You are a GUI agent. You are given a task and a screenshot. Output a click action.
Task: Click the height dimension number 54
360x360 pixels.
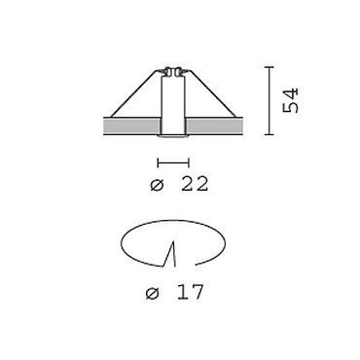(x=290, y=100)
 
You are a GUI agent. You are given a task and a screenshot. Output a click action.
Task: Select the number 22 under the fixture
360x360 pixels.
(x=195, y=184)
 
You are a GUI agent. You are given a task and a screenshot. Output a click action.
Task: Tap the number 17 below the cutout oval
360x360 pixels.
(x=191, y=292)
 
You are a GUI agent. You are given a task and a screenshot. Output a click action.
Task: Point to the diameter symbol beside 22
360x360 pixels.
(x=158, y=185)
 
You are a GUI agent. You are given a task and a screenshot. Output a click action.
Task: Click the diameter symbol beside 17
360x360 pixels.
(x=153, y=293)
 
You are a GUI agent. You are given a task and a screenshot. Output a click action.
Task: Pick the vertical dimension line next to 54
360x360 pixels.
(x=269, y=100)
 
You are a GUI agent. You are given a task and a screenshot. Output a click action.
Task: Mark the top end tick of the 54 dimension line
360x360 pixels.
(x=269, y=67)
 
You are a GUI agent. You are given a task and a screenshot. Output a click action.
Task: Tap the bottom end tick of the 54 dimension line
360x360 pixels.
(x=269, y=134)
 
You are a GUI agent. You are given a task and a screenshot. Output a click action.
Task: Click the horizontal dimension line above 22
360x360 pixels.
(x=173, y=162)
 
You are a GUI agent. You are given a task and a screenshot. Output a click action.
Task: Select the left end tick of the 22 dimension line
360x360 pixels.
(x=158, y=162)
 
